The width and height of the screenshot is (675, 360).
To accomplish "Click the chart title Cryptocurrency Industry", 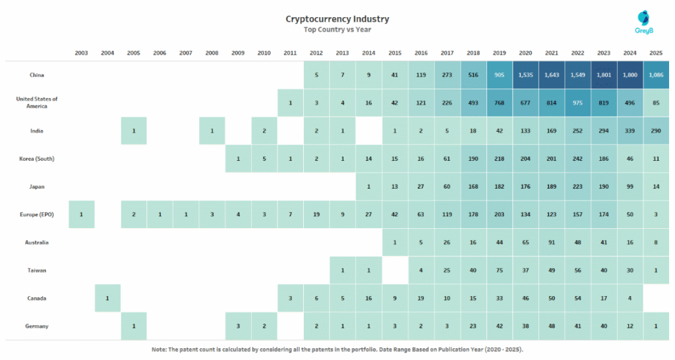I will coord(337,19).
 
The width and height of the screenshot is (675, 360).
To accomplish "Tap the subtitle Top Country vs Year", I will coord(337,30).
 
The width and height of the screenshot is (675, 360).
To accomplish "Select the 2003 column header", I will coord(81,53).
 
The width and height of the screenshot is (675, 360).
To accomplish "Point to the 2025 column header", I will coord(656,53).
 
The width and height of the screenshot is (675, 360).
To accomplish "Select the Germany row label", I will coord(37,326).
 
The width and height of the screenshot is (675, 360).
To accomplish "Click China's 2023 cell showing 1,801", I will coord(603,75).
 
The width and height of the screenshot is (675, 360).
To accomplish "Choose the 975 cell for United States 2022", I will coord(577,102).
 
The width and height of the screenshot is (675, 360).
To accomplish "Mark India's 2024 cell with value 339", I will coord(630,131).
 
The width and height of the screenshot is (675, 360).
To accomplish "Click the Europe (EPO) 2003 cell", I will coord(81,214).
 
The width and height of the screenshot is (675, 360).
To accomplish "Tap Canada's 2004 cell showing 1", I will coord(107,298).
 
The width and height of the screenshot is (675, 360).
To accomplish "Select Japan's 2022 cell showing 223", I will coord(577,187).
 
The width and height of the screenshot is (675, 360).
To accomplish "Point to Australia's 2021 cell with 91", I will coord(551,242).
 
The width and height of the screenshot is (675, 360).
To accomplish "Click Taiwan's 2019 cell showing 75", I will coord(499,270).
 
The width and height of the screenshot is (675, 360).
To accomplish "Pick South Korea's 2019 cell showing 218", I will coord(499,158).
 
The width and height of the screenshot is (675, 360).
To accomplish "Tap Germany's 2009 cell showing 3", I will coord(238,326).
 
